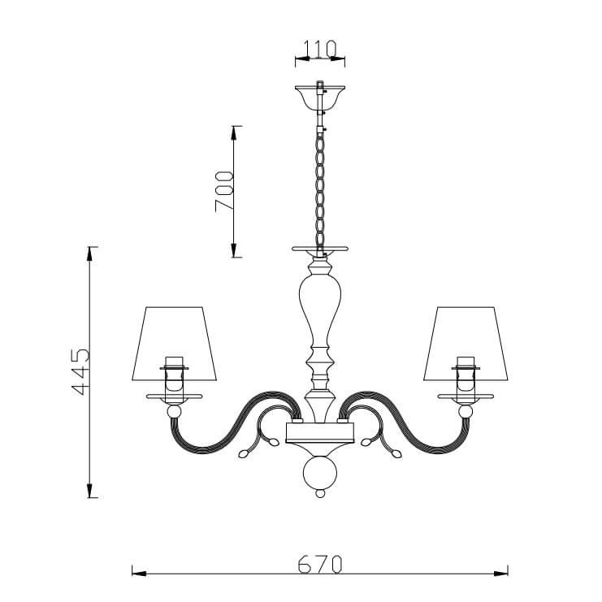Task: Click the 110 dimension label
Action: pos(320,49)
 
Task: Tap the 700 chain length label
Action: pos(224,191)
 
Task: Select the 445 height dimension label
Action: pos(80,371)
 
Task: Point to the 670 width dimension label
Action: pos(320,564)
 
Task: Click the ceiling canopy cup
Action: pos(320,97)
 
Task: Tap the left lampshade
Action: pos(175,343)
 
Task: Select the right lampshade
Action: pos(466,343)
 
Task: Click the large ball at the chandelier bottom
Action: pos(320,472)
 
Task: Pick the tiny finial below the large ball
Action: pos(320,493)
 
